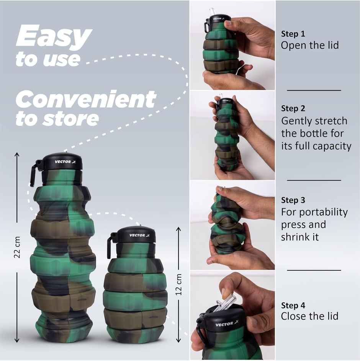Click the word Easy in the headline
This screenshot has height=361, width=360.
pos(54,37)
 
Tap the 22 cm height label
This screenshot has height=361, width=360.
pos(17,247)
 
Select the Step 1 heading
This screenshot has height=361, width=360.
pos(293,34)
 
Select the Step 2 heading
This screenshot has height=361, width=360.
pos(293,108)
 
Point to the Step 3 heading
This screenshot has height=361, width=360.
pos(293,200)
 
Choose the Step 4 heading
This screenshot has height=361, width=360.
pos(293,305)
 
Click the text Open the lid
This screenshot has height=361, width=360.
pos(310,45)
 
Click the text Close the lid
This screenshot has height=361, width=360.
pos(309,316)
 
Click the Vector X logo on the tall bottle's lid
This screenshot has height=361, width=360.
pos(65,162)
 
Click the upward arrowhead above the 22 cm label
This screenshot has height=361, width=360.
pos(17,154)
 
